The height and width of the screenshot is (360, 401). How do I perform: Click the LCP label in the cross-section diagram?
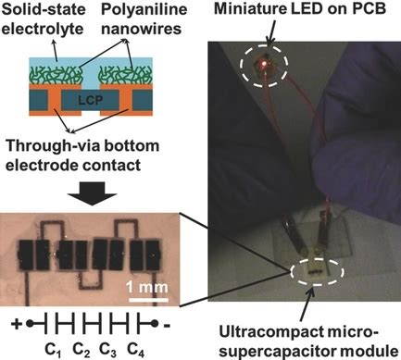click(93, 98)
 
